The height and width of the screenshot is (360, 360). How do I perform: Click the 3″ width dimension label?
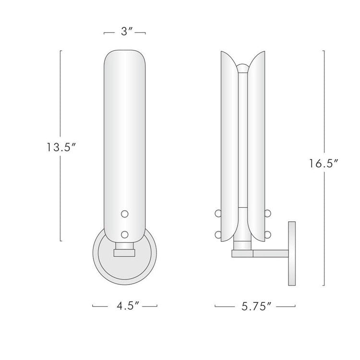tap(125, 33)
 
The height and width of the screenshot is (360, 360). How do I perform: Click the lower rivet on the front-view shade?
tap(125, 234)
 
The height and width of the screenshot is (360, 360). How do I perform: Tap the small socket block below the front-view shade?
tap(125, 251)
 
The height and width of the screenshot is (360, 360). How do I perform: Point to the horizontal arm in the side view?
tap(269, 252)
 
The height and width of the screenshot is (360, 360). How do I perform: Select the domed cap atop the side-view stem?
tap(244, 68)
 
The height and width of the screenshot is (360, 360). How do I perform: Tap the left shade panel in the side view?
tap(227, 144)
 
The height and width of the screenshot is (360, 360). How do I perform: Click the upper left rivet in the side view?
tap(218, 213)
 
